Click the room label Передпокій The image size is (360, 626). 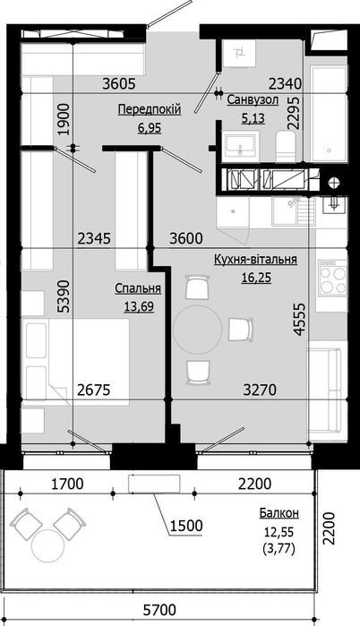[150, 109]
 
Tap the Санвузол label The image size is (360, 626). [251, 99]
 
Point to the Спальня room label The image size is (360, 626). [138, 289]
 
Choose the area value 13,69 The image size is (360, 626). [138, 306]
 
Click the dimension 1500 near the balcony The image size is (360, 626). [187, 526]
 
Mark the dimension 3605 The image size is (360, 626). [118, 85]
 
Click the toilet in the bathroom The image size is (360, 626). [285, 146]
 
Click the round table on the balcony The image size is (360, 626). [47, 546]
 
